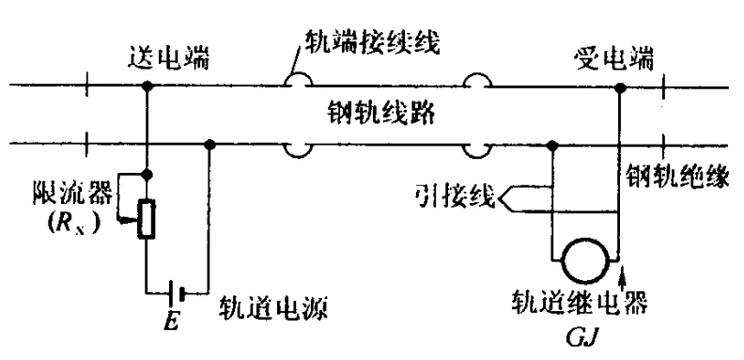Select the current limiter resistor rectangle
tap(147, 217)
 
